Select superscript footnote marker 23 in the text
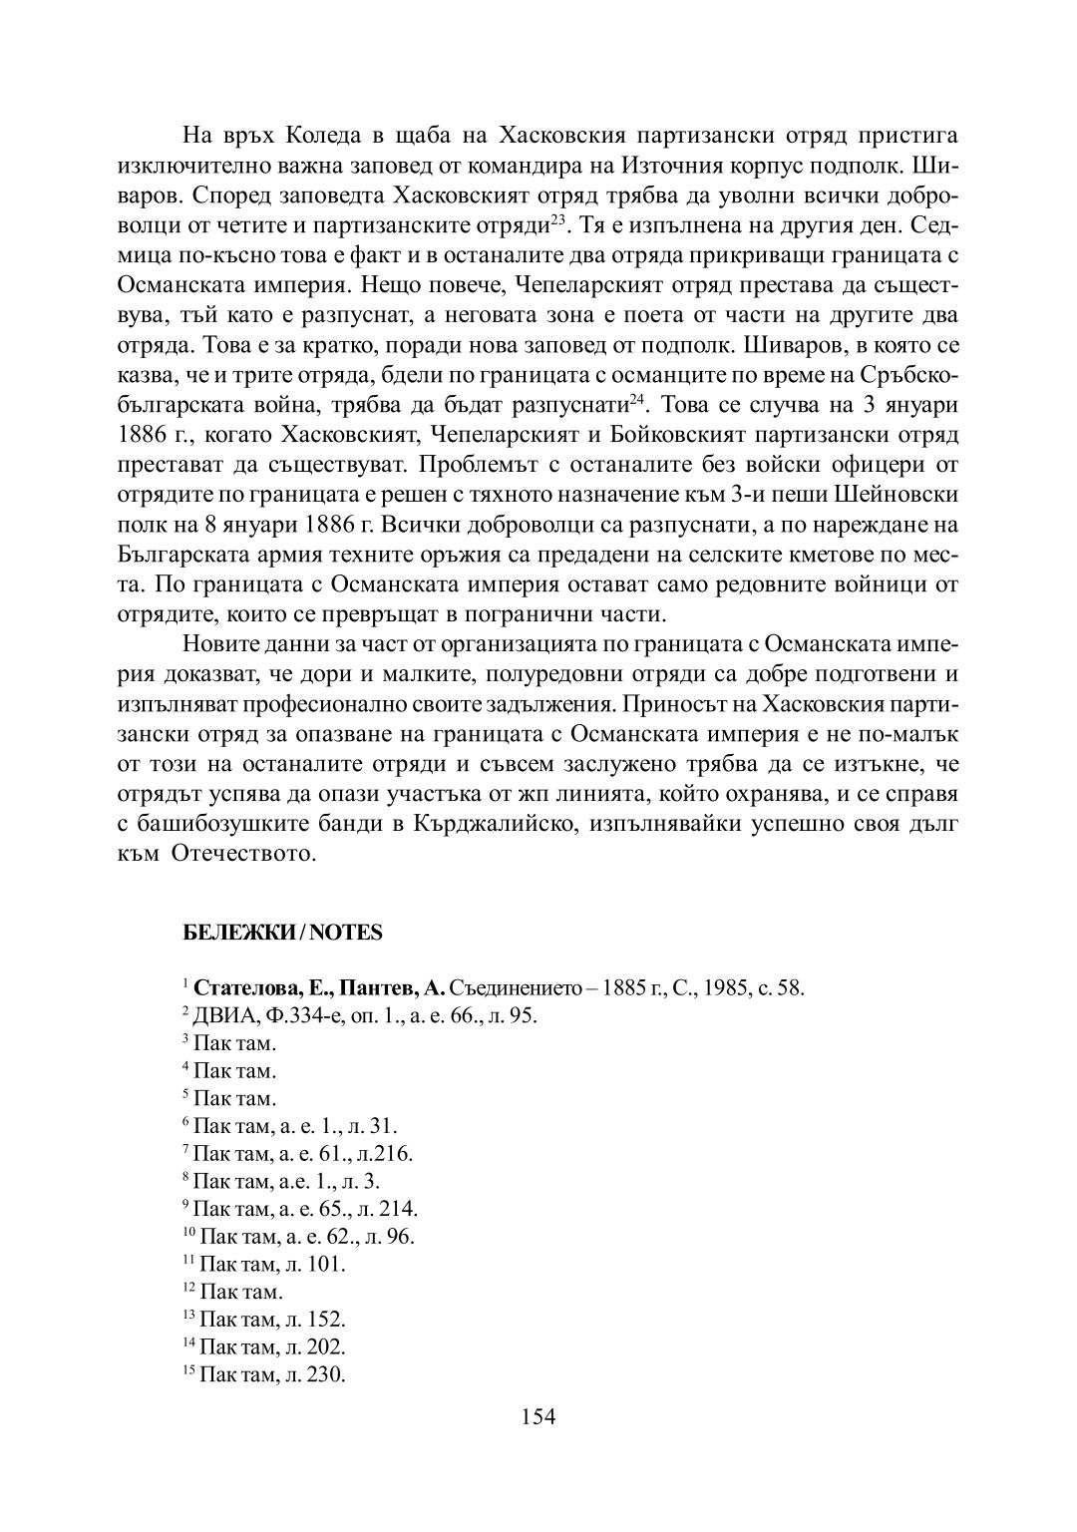coord(558,212)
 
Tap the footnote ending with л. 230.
coord(271,1374)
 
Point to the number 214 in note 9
coord(399,1209)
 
